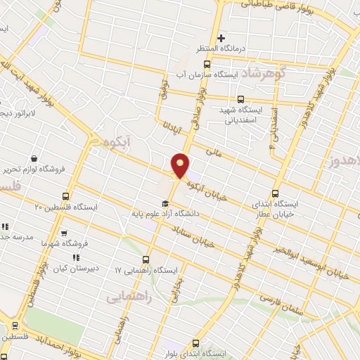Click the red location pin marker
pos(181,166)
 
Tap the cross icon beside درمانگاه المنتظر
pos(221,38)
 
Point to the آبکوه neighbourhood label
pos(112,143)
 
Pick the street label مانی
pos(212,149)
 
